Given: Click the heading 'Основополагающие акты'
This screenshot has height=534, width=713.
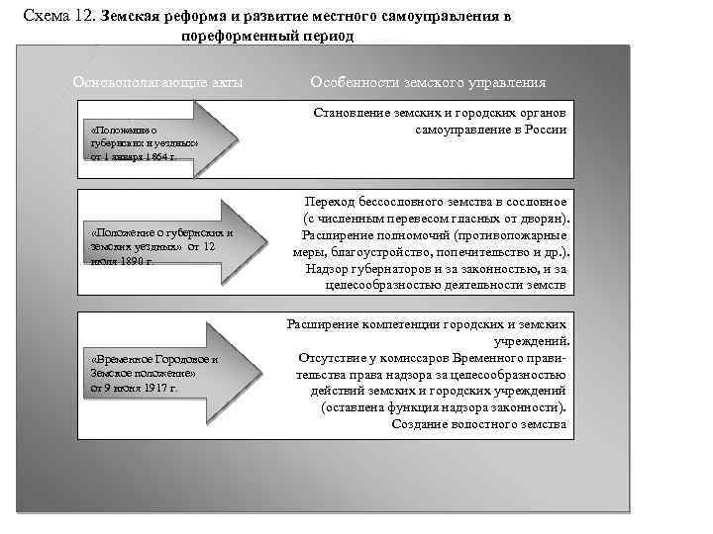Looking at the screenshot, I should point(158,82).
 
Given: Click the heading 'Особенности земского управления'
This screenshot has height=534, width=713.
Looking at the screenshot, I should point(428,82).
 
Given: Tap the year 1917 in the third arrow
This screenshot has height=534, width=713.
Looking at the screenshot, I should point(151,388).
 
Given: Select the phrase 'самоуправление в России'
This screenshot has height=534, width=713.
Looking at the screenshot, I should point(491,131).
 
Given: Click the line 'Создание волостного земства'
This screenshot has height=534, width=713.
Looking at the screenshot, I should point(479,423).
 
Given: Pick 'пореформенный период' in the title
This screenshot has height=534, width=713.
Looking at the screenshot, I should point(266,36).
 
